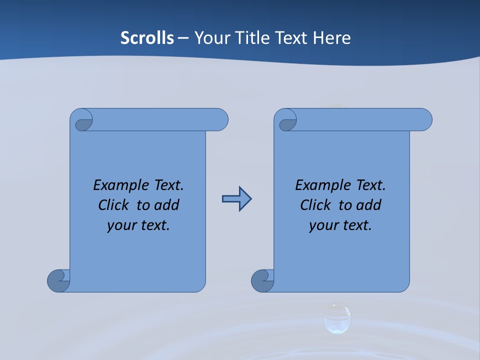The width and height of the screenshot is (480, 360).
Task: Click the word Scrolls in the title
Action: tap(147, 38)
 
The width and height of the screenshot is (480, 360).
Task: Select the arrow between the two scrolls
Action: tap(236, 199)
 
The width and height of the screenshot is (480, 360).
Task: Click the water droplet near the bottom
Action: tap(337, 318)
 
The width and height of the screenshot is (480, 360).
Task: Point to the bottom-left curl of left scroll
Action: tap(58, 280)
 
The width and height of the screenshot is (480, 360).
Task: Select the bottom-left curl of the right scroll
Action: tap(262, 280)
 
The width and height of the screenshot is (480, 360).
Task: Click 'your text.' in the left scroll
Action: tap(138, 225)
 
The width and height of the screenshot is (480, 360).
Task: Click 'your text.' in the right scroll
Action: tap(340, 225)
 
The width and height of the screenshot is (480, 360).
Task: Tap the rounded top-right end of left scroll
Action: tap(220, 119)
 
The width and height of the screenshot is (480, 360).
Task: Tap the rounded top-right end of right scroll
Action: tap(424, 119)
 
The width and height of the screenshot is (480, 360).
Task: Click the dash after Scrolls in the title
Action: tap(183, 38)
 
